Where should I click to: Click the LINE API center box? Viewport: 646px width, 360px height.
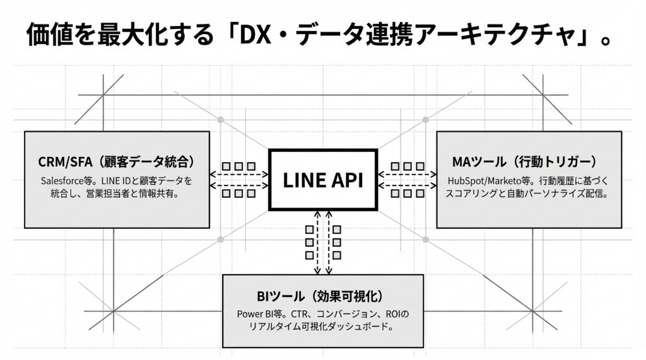322,180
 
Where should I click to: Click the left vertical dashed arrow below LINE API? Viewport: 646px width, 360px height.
318,243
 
